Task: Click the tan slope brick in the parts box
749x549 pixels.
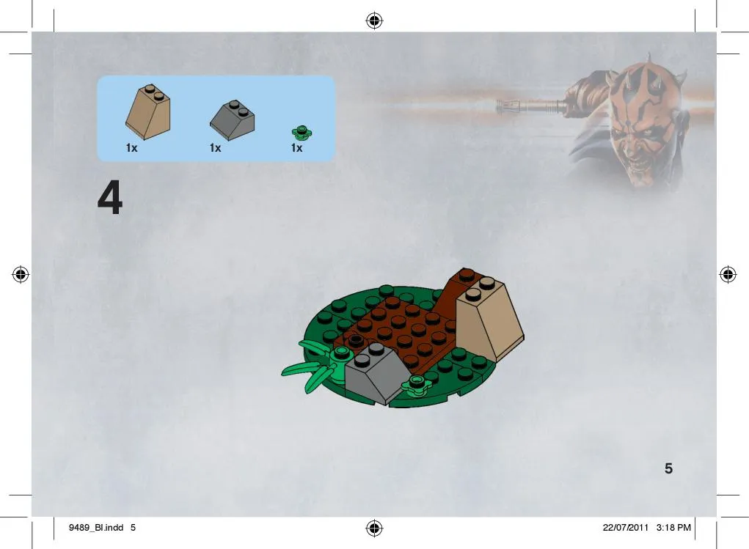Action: point(148,112)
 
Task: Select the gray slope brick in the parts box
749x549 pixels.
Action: point(232,119)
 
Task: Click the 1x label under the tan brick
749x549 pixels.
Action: point(132,148)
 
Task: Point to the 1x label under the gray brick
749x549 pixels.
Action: point(216,148)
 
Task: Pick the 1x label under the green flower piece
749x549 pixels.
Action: point(296,148)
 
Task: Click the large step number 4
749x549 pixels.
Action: point(110,197)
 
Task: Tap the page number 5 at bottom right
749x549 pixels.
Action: point(669,468)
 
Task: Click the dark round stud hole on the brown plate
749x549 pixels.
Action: point(355,340)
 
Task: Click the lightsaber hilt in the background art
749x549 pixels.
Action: point(530,105)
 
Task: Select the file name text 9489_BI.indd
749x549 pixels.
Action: point(96,528)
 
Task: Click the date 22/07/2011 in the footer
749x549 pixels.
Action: point(625,528)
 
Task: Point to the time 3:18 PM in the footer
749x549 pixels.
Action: point(673,528)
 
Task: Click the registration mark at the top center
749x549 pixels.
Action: point(374,21)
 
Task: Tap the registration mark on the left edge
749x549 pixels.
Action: point(21,274)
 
